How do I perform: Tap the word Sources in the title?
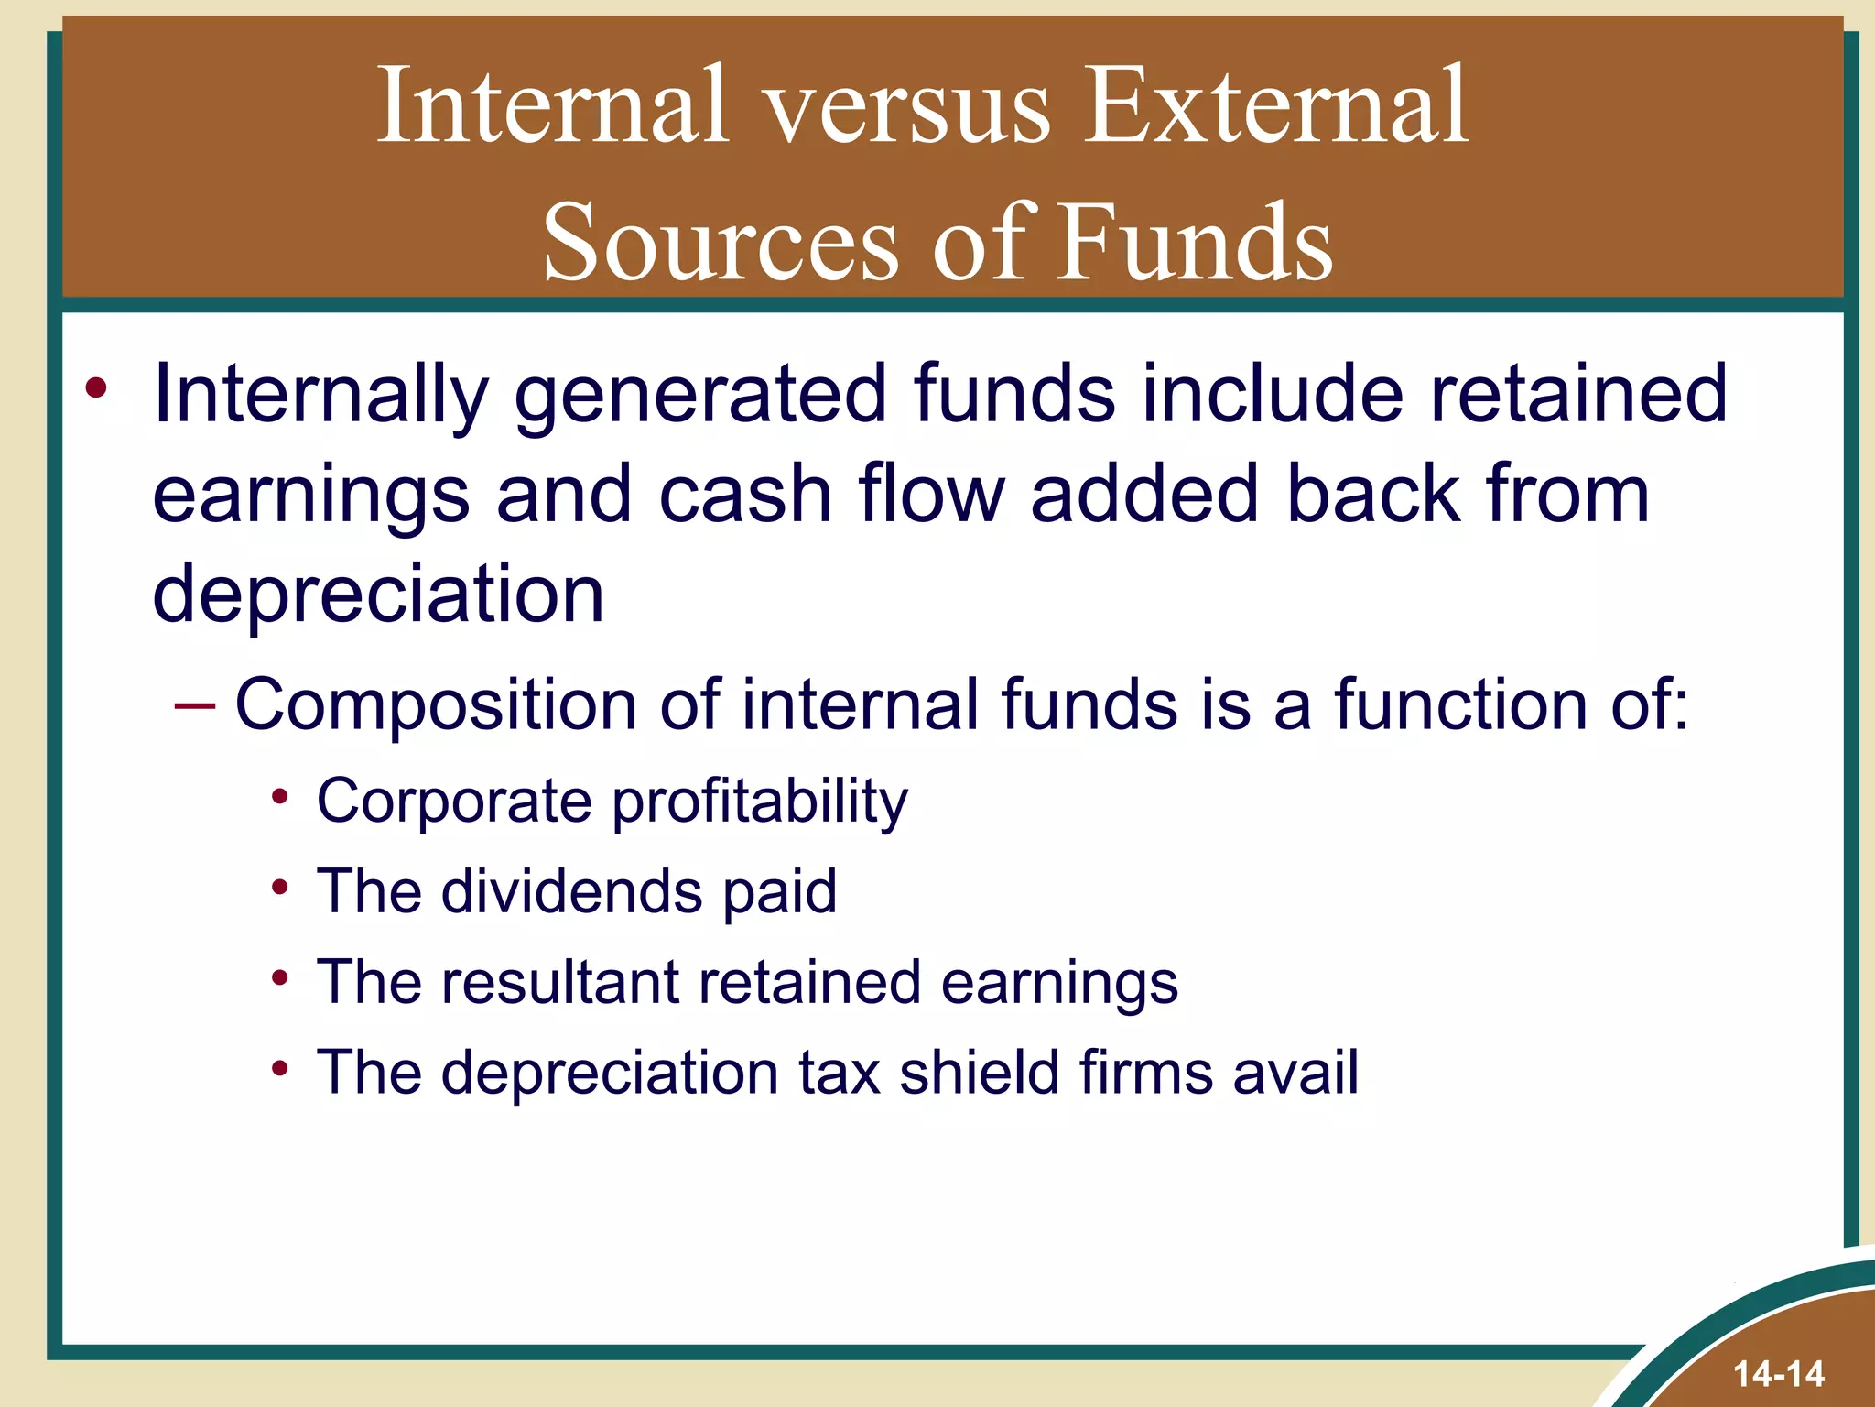point(721,243)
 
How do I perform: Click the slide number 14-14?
point(1778,1373)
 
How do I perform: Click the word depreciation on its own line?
point(378,594)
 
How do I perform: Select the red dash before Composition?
point(194,706)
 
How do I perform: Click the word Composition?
point(436,706)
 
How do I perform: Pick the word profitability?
point(760,802)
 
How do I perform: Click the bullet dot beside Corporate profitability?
point(280,796)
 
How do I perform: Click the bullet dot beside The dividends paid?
point(280,887)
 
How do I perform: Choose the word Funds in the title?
point(1195,243)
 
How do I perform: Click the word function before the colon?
point(1461,706)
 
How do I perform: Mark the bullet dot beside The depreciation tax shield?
point(280,1067)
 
